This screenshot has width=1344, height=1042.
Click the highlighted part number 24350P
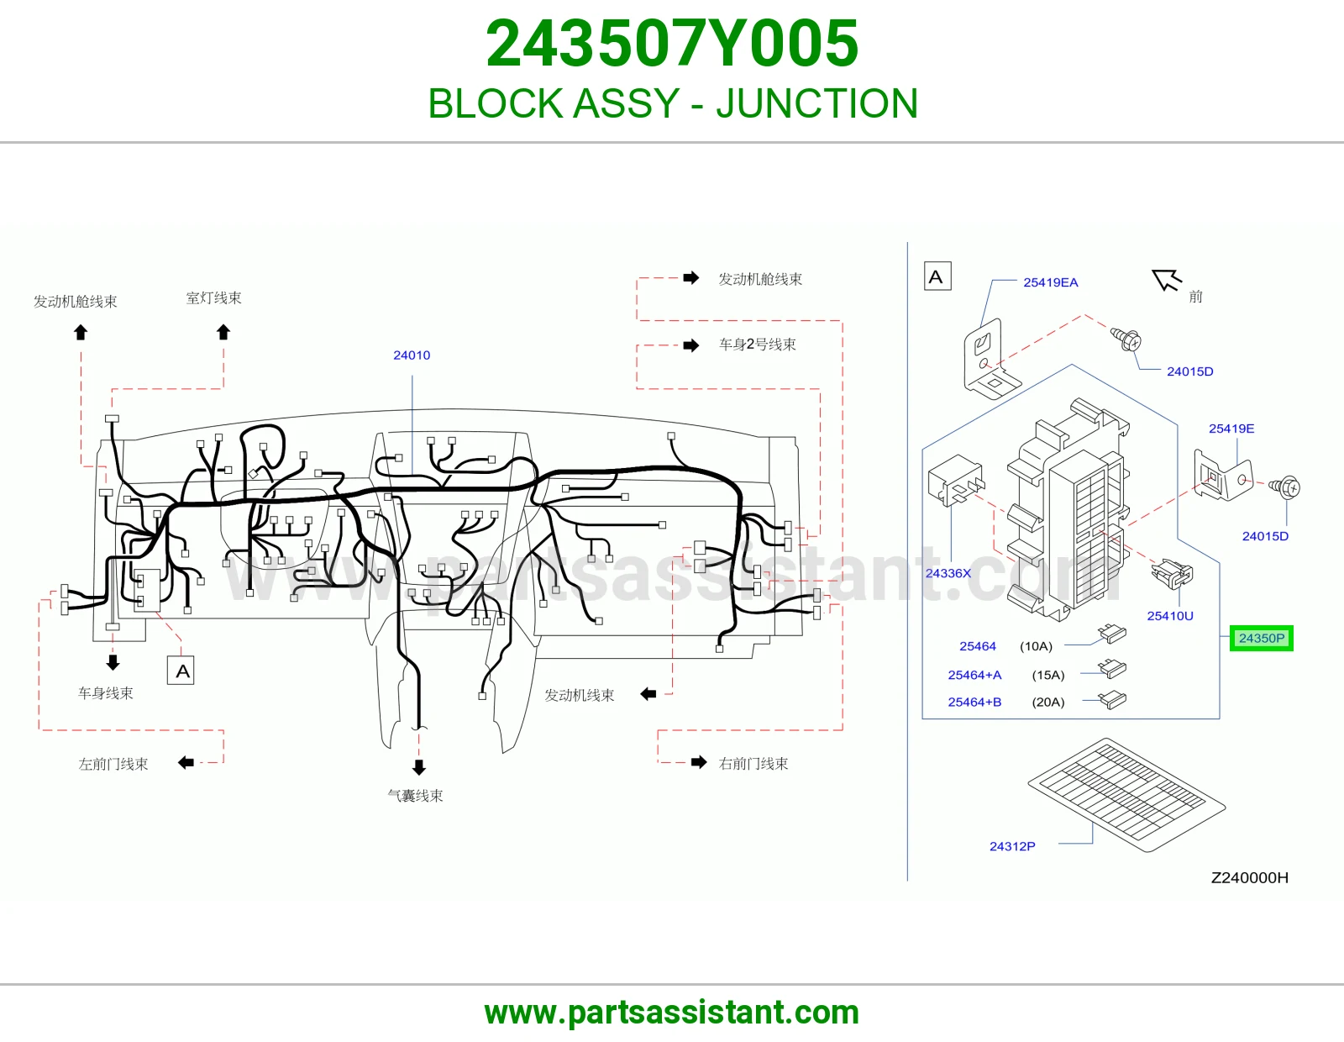(x=1261, y=638)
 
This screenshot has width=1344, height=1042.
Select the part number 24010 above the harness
(x=412, y=355)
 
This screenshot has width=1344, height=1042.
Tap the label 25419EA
(x=1050, y=282)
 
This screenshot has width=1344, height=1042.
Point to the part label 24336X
(x=948, y=573)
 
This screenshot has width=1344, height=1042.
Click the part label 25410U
(x=1170, y=616)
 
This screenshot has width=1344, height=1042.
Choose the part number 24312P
(x=1012, y=846)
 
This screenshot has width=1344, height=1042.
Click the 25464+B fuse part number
(x=974, y=702)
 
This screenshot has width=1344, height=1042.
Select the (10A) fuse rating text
(x=1036, y=646)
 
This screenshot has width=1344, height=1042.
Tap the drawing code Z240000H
(x=1249, y=877)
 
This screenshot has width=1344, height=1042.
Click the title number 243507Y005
(x=672, y=43)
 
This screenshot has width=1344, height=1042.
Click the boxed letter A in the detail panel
(x=937, y=276)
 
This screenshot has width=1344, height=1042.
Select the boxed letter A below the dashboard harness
(x=181, y=671)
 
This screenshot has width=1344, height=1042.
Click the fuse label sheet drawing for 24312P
(x=1126, y=794)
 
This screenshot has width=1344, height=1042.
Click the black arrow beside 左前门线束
(x=186, y=762)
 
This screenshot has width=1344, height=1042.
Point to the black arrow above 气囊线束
(x=418, y=767)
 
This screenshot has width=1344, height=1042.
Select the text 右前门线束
(x=753, y=764)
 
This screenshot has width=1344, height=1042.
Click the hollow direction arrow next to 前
(x=1166, y=280)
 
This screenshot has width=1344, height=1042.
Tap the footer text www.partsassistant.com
(x=672, y=1013)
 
